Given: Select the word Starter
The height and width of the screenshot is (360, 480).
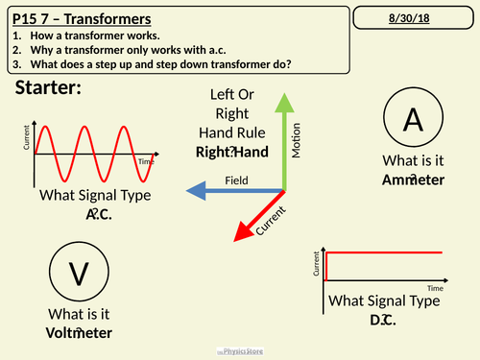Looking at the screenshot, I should coord(48,88).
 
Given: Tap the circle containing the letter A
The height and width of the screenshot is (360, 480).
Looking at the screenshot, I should coord(413,119).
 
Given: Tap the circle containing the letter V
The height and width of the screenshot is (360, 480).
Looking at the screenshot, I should coord(79,274).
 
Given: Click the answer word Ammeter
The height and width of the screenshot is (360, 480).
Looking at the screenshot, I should coord(413,180).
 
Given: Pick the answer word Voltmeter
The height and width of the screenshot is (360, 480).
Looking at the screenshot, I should coord(79,333).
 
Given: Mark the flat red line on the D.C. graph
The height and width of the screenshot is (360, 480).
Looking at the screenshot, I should coord(384,252).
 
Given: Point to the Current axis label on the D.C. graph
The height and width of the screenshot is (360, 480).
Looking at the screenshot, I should coord(317,264).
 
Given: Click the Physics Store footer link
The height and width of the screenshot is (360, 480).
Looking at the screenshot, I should coord(240,352).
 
